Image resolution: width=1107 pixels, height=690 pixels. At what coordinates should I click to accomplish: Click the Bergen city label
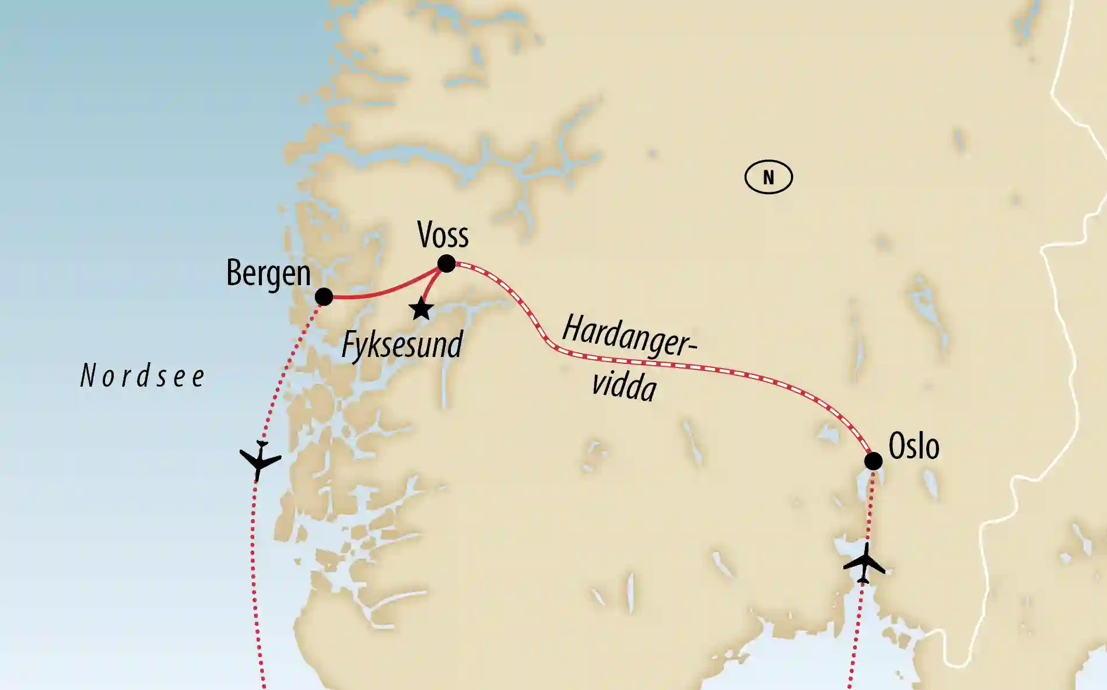click(x=268, y=273)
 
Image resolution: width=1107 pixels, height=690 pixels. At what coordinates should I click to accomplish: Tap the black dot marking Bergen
click(x=324, y=296)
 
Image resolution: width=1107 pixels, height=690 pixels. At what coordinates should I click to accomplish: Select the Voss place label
click(x=443, y=235)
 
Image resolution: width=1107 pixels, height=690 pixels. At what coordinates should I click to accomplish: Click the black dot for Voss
click(x=446, y=264)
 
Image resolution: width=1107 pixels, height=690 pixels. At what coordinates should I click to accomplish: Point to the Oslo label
click(x=913, y=447)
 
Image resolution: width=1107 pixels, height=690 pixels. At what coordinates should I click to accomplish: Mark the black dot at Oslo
click(x=873, y=461)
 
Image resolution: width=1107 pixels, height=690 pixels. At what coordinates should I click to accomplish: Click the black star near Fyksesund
click(x=421, y=309)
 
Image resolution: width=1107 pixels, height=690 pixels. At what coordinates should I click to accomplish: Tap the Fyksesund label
click(x=402, y=345)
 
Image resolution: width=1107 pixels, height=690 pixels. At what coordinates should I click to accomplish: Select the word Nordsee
click(x=142, y=376)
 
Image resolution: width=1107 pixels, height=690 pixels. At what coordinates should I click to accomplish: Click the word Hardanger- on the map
click(x=629, y=336)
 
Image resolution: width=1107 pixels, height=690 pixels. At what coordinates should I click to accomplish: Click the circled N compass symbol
click(x=768, y=177)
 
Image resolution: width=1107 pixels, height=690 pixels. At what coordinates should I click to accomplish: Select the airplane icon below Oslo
click(x=864, y=563)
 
